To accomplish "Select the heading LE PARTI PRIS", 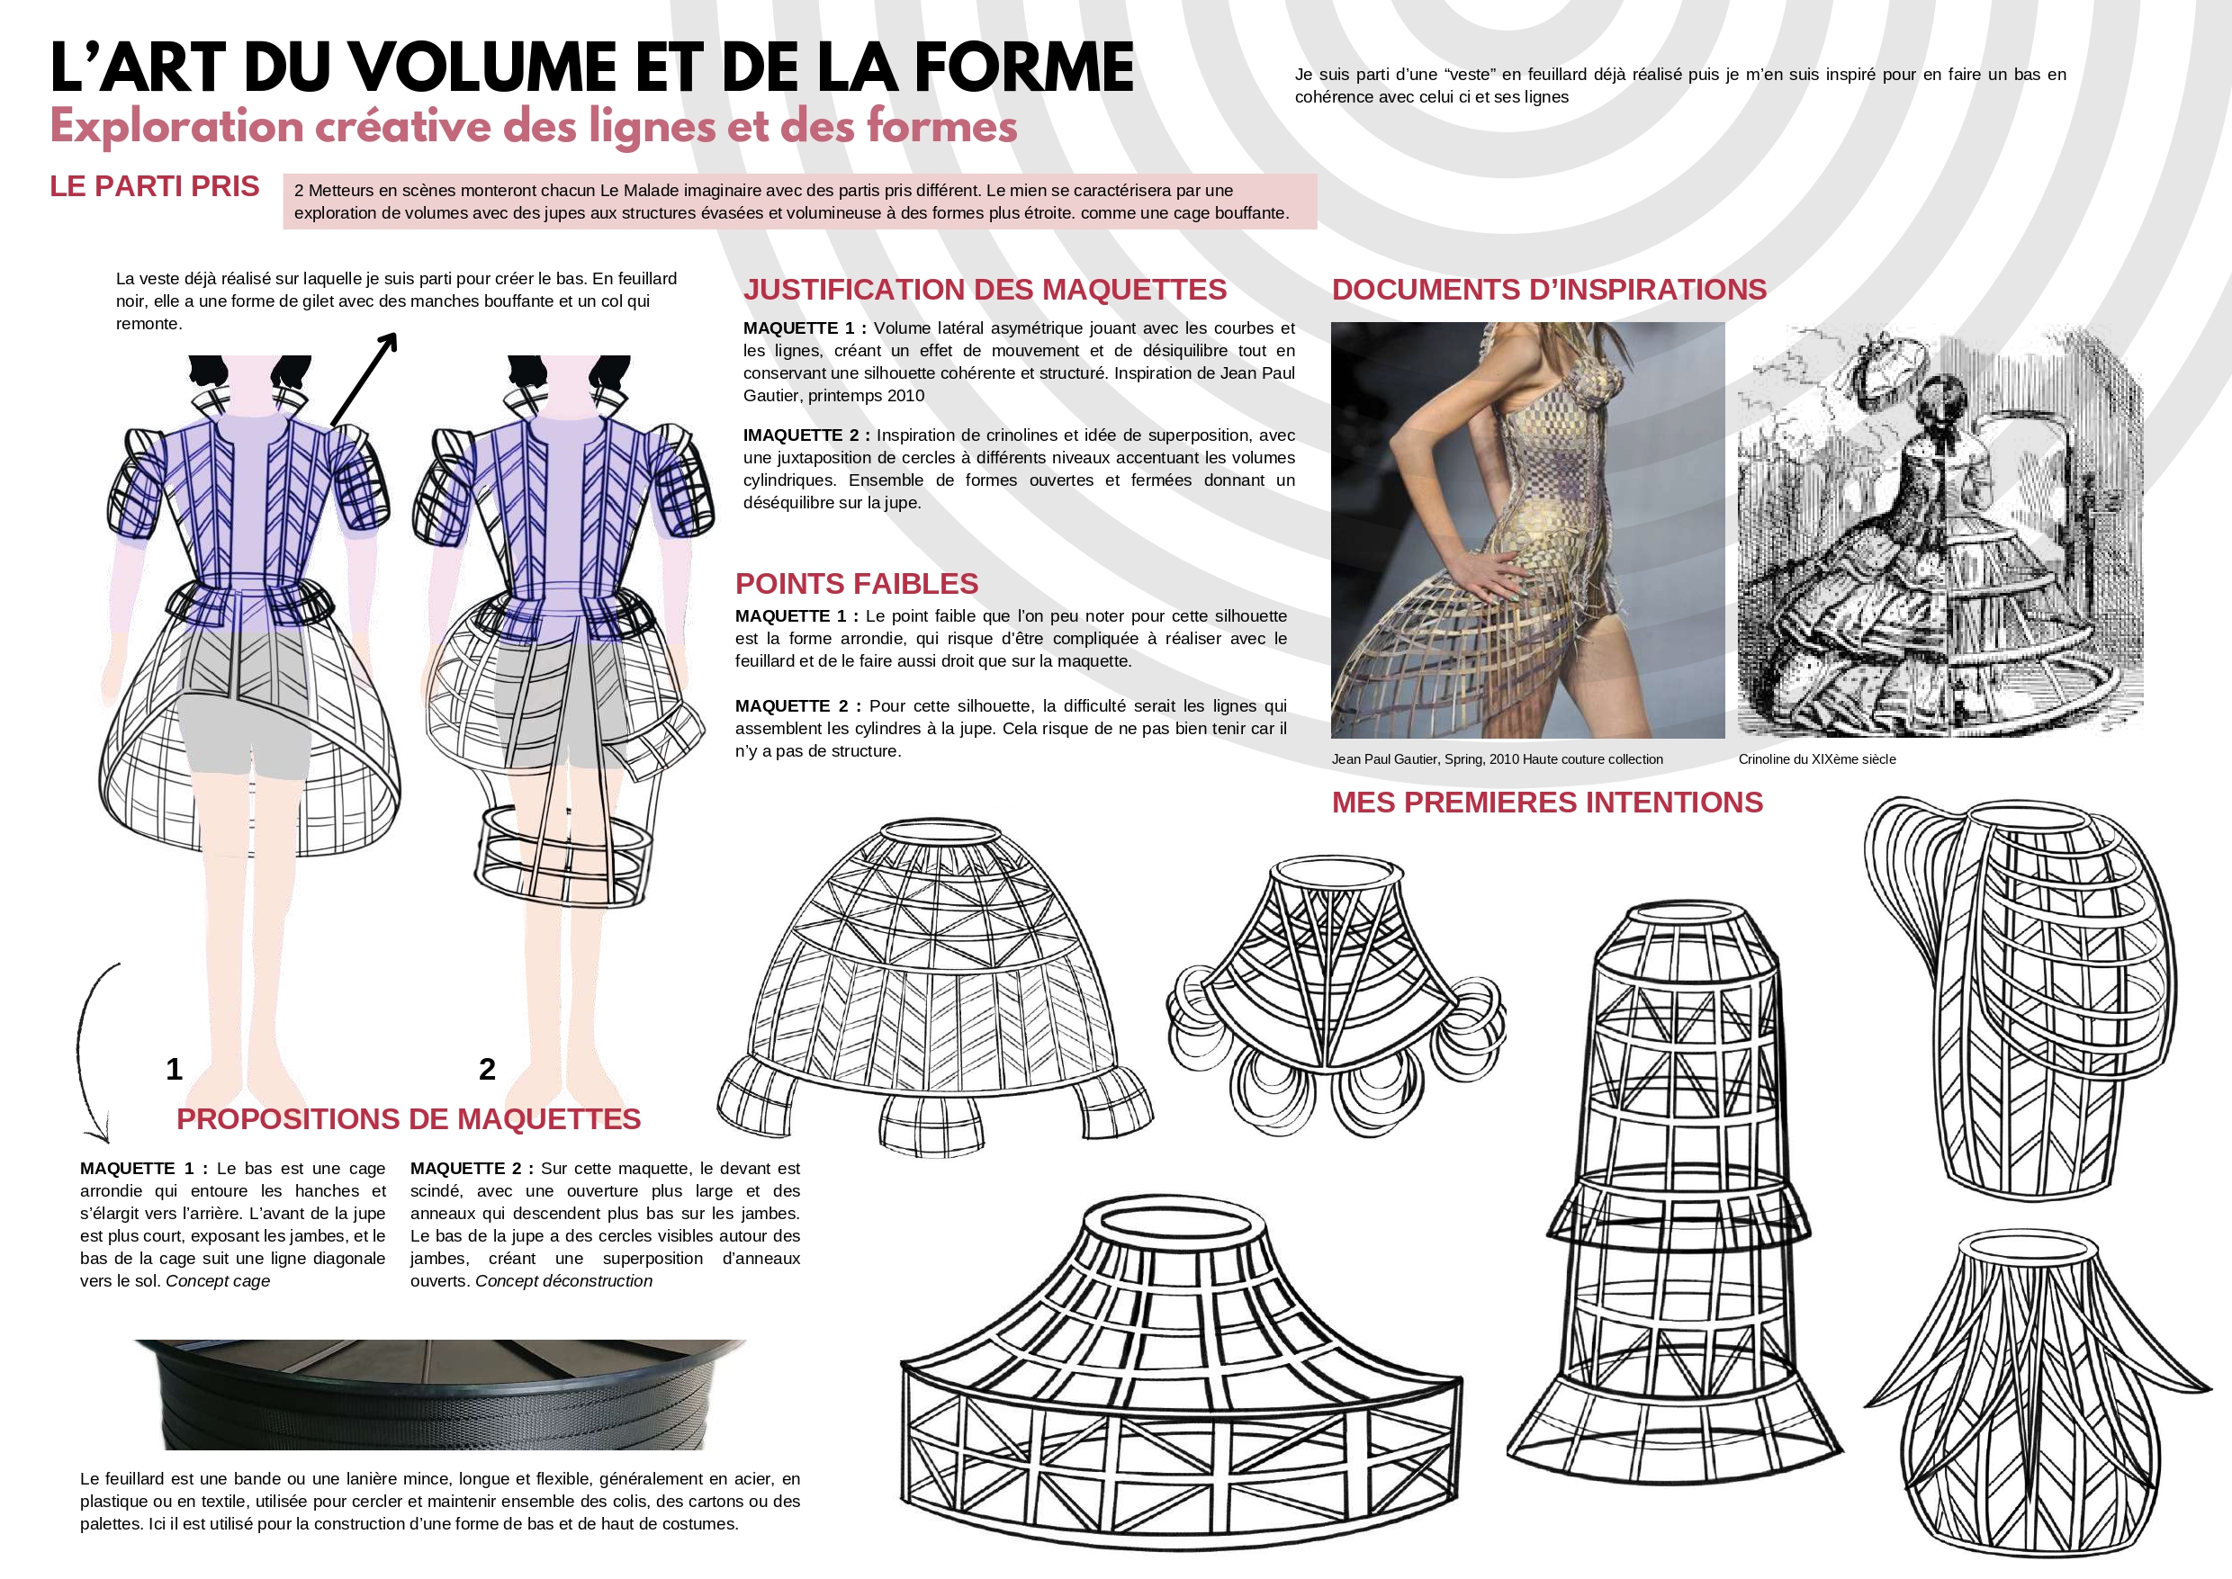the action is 155,185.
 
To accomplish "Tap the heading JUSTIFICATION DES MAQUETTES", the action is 985,290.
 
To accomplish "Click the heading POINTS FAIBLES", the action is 857,583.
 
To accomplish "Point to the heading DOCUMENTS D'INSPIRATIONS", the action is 1549,290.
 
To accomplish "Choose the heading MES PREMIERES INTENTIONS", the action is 1547,803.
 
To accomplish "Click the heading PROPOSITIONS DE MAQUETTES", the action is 409,1119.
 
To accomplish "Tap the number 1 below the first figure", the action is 174,1070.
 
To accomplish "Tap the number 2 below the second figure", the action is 487,1070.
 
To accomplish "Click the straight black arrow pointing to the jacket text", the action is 364,379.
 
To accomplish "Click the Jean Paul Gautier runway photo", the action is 1528,530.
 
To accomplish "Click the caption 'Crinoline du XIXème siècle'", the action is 1817,759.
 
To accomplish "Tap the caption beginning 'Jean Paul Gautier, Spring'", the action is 1497,759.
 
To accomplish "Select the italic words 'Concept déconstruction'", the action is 564,1280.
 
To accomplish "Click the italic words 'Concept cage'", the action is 218,1280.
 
